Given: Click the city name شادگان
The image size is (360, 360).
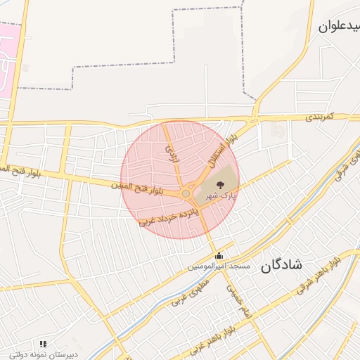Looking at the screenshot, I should point(281,265).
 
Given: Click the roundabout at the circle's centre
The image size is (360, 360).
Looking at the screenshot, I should point(186,193).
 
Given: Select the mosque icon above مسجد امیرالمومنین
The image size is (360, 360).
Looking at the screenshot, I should point(220,257).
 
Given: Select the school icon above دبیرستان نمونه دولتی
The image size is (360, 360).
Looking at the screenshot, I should point(43,345).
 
